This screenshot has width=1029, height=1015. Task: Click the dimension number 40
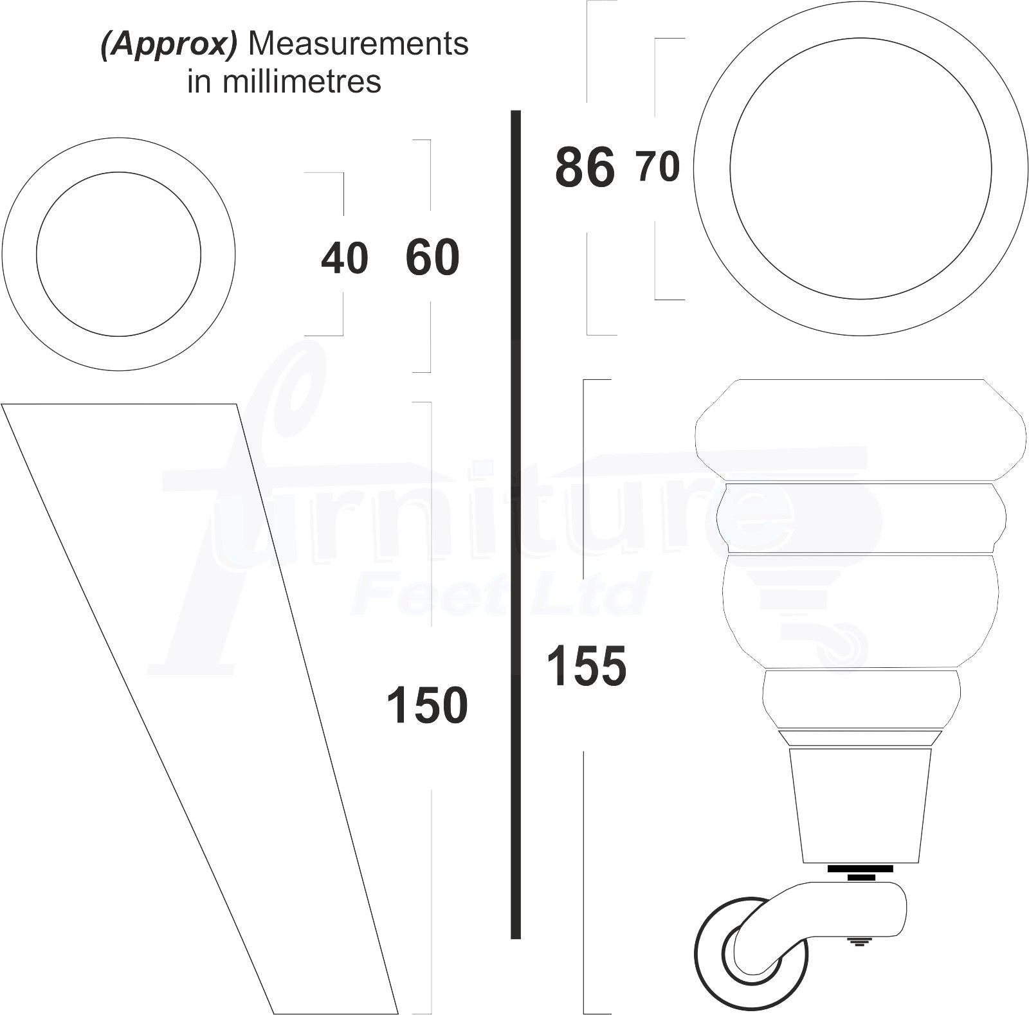345,258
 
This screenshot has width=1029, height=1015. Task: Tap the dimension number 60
432,258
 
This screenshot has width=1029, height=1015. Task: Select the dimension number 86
585,168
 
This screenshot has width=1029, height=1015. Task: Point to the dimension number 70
658,166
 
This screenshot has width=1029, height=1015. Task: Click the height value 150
427,705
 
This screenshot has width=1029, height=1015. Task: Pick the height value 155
586,666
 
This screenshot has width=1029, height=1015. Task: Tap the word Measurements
358,44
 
